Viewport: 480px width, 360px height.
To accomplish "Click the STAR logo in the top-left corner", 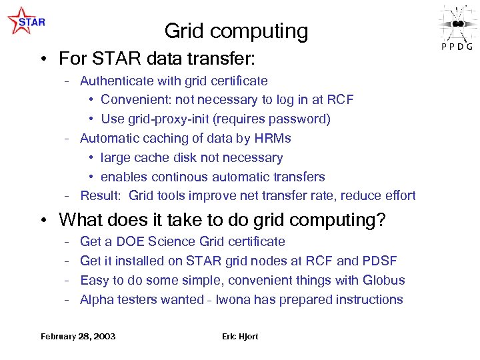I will pyautogui.click(x=26, y=21).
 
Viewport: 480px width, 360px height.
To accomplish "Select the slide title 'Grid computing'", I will pyautogui.click(x=236, y=31).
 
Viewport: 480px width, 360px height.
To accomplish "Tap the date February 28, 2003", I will pyautogui.click(x=78, y=336).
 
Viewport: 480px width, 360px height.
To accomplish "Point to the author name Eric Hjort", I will pyautogui.click(x=240, y=336).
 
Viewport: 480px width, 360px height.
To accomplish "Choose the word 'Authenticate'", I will pyautogui.click(x=117, y=81).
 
